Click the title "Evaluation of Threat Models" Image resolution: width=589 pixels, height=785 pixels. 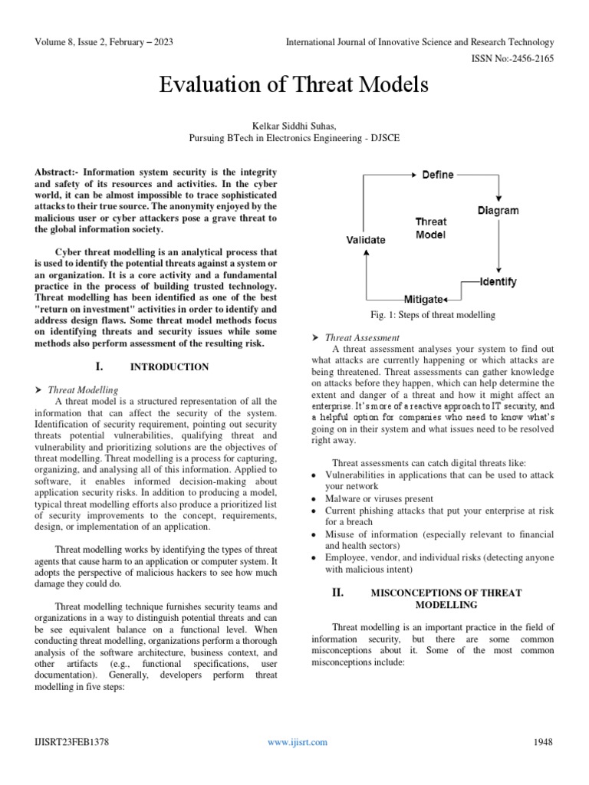[x=294, y=85]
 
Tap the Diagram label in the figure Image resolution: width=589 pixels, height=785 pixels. [x=498, y=210]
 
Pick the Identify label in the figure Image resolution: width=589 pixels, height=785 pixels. [x=498, y=281]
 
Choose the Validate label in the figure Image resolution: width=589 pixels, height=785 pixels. [x=365, y=239]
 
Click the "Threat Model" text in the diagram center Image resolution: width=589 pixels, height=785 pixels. [x=431, y=228]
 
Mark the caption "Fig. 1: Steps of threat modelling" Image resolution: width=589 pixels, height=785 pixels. [x=433, y=315]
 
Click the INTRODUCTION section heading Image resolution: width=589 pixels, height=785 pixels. [x=169, y=367]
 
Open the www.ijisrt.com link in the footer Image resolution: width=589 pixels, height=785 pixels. [x=298, y=741]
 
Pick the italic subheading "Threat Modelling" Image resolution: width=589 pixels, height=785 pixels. [x=87, y=389]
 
